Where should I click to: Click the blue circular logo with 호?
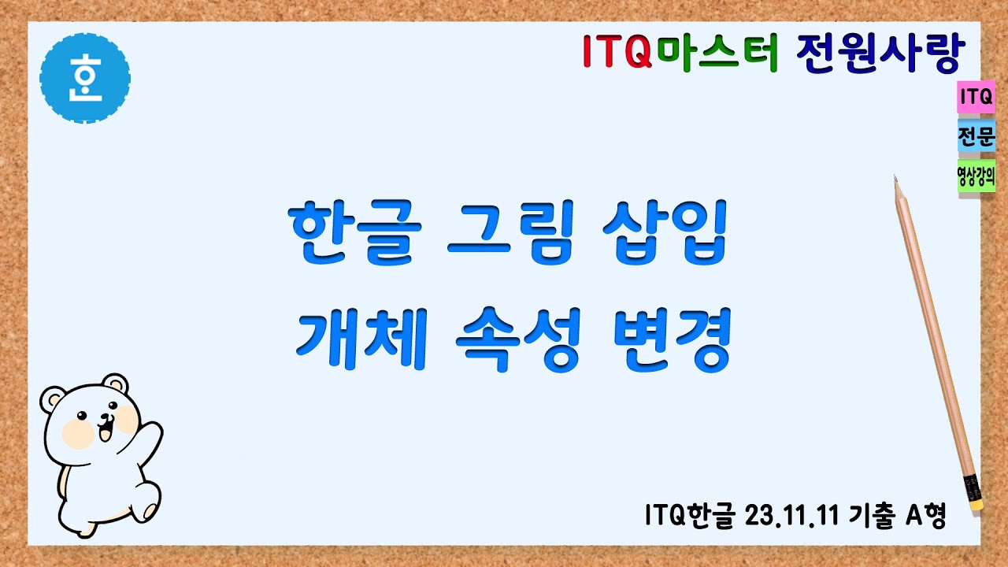pyautogui.click(x=85, y=78)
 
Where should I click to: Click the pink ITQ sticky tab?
pyautogui.click(x=976, y=98)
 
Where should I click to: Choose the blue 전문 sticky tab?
pyautogui.click(x=976, y=137)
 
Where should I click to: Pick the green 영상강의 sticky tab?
pyautogui.click(x=976, y=176)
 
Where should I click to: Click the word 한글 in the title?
pyautogui.click(x=351, y=235)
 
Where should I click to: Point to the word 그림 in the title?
pyautogui.click(x=510, y=235)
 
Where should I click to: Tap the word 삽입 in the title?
pyautogui.click(x=663, y=235)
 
